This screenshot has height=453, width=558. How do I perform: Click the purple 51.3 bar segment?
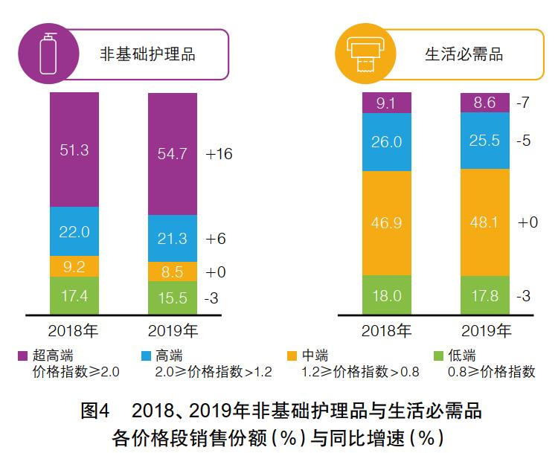point(74,149)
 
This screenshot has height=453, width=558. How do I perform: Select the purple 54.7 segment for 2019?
point(173,154)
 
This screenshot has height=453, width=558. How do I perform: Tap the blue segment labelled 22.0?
point(74,231)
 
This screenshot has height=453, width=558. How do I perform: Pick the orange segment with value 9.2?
point(74,266)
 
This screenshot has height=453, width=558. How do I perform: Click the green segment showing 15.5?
point(173,298)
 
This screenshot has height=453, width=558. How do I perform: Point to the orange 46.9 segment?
point(387,222)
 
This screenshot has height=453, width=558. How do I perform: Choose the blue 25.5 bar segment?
point(485,141)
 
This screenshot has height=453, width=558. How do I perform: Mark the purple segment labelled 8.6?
point(485,103)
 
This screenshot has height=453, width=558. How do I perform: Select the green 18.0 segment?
point(387,295)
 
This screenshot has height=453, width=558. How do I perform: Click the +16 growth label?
point(219,155)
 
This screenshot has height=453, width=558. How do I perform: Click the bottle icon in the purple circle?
point(50,53)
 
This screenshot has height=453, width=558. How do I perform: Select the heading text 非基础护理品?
point(148,55)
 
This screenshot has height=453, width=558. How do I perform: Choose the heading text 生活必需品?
point(464,55)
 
